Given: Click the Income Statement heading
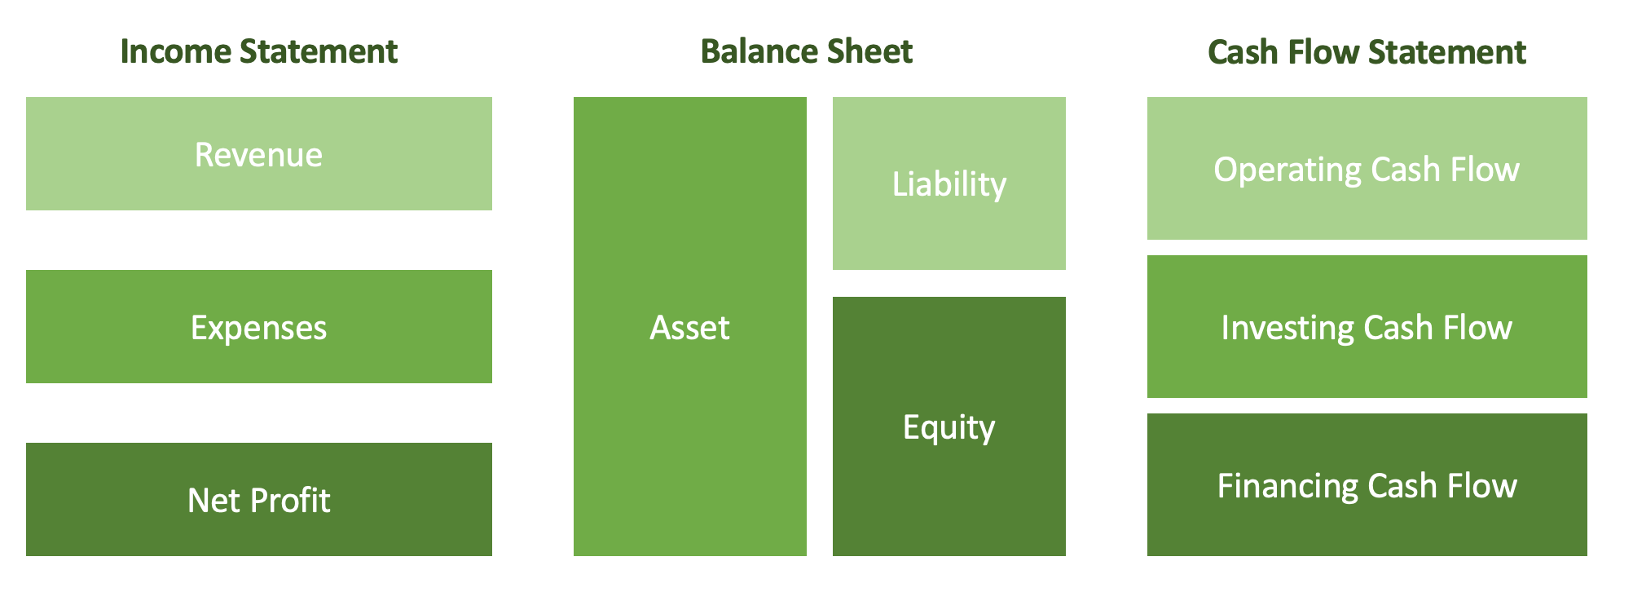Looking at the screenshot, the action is (258, 51).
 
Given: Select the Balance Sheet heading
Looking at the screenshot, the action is (807, 51).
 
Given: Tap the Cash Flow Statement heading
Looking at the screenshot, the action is (1367, 51).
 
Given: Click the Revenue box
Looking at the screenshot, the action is (259, 154).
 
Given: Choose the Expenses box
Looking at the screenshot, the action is (259, 326).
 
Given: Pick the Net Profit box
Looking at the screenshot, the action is (259, 499).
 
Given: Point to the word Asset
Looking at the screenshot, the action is (689, 327).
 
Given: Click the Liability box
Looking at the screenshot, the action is (949, 183).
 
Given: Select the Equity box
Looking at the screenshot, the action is (949, 426).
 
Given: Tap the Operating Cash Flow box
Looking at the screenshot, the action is (1367, 168).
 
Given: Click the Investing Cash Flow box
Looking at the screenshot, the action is (1367, 326).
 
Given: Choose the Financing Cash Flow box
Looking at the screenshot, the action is (1367, 484).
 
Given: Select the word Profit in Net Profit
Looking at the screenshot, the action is (291, 500).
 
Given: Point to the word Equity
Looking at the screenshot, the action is (949, 428).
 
